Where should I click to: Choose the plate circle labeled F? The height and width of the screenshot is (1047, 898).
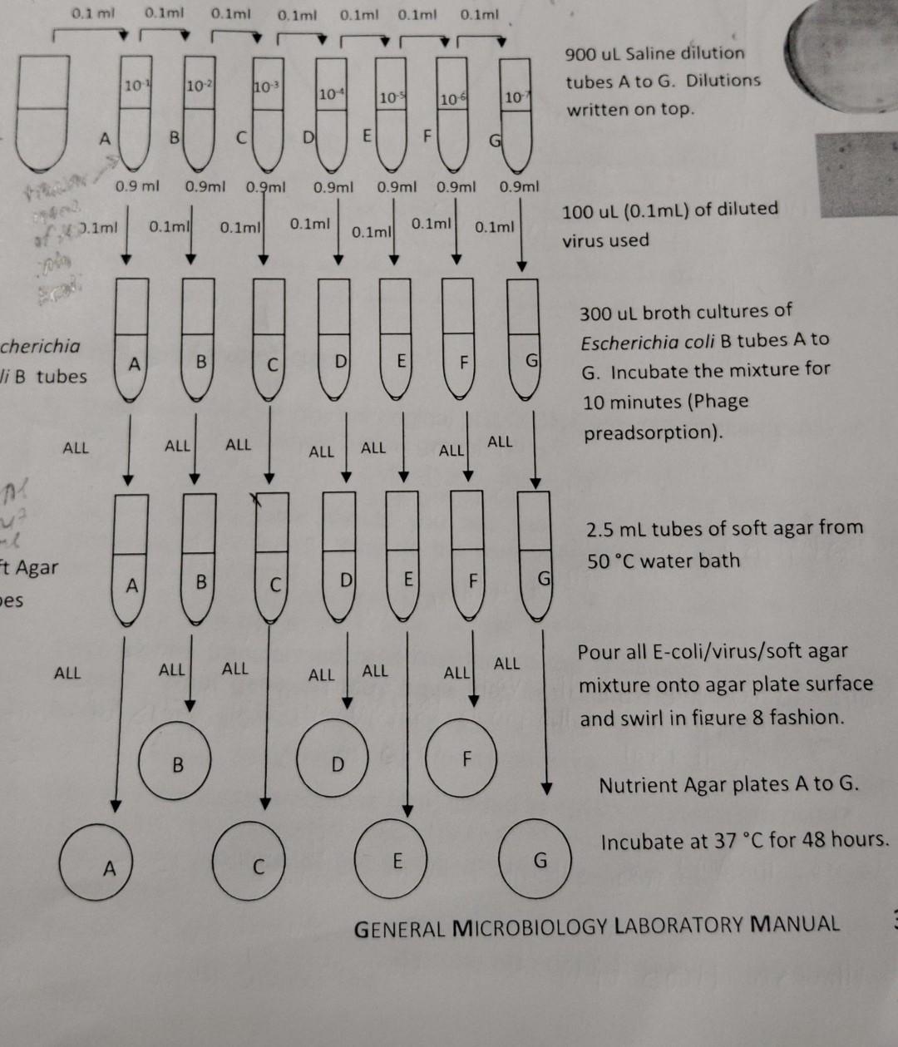click(466, 758)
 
